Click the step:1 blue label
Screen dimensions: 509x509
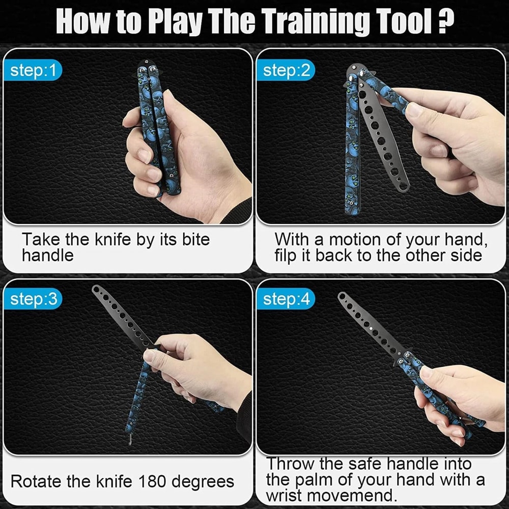(33, 71)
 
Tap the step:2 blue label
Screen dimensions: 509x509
(286, 71)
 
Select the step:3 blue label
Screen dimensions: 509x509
(33, 300)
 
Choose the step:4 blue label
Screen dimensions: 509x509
(286, 300)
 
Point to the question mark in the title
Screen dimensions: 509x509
(444, 22)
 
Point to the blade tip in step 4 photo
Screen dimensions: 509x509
(343, 296)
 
